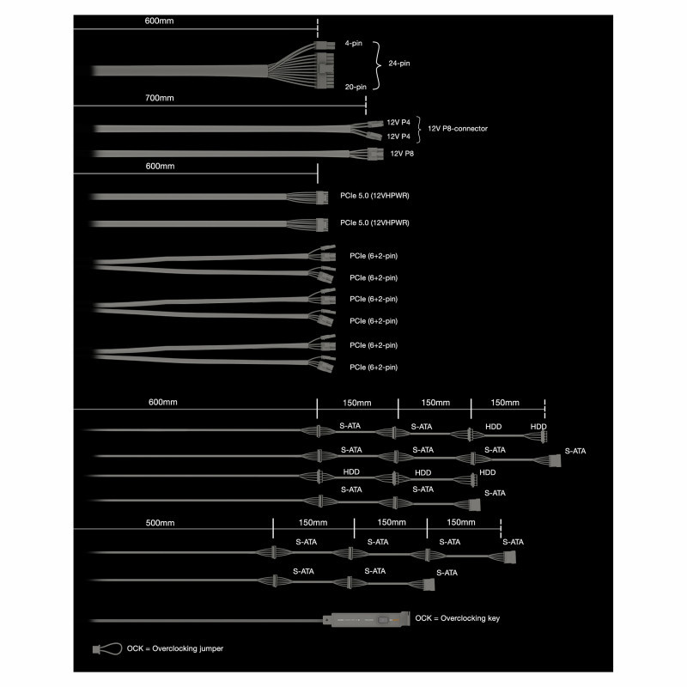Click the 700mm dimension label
point(159,98)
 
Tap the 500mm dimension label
point(161,522)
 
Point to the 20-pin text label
point(356,86)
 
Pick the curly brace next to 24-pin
point(377,64)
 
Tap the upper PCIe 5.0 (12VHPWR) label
point(374,197)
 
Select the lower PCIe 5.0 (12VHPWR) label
point(374,222)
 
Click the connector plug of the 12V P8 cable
point(373,155)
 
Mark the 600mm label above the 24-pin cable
point(159,18)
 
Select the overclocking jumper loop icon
point(106,648)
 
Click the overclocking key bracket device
point(364,619)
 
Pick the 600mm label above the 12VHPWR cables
point(159,166)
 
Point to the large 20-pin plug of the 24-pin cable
point(324,70)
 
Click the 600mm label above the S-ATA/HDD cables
point(163,402)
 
